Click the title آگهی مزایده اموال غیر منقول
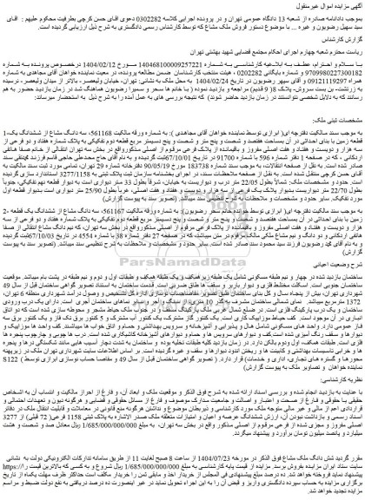[322, 7]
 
